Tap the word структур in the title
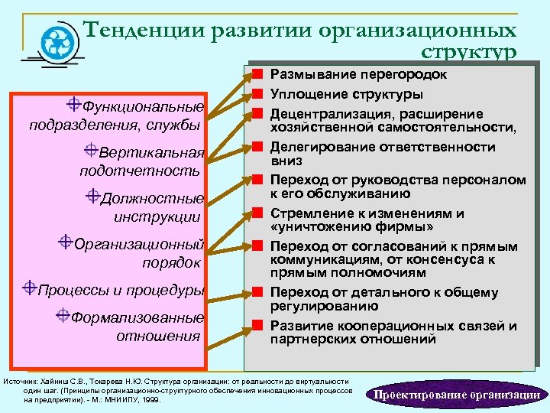pos(468,53)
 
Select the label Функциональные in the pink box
pos(143,106)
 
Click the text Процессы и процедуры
pos(121,291)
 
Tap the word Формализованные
pos(137,317)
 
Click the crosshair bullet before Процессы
pos(30,288)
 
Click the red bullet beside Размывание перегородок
pos(258,75)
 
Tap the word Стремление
pos(309,213)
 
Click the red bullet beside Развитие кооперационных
pos(258,326)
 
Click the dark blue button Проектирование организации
pos(456,395)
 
